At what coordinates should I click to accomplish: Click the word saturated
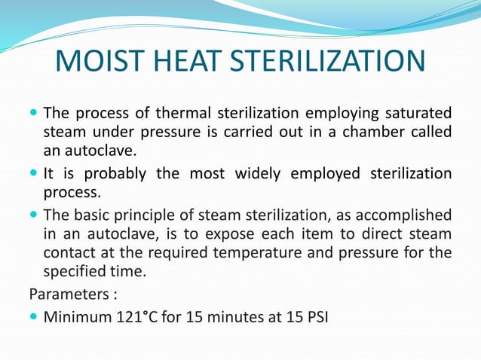click(418, 114)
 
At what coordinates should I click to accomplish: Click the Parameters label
click(61, 291)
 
